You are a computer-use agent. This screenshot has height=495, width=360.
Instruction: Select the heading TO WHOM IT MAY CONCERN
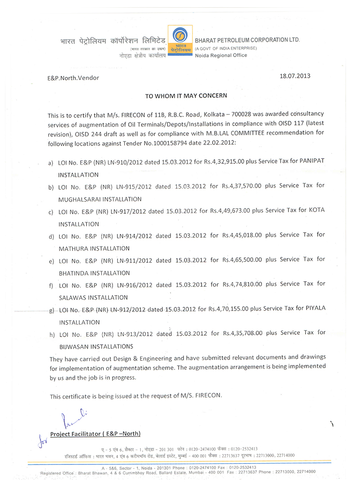coord(186,95)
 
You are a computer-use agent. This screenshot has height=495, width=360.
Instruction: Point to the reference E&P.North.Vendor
coord(73,77)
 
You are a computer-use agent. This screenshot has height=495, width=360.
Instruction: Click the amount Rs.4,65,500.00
coord(242,260)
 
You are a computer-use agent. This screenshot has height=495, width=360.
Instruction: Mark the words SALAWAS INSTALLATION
coord(93,297)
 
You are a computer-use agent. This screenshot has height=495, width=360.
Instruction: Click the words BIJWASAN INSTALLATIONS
coord(96,346)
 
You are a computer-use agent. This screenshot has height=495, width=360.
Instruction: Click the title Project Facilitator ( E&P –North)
coord(95,434)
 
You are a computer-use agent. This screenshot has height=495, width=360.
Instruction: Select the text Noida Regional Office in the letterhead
coord(220,55)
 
